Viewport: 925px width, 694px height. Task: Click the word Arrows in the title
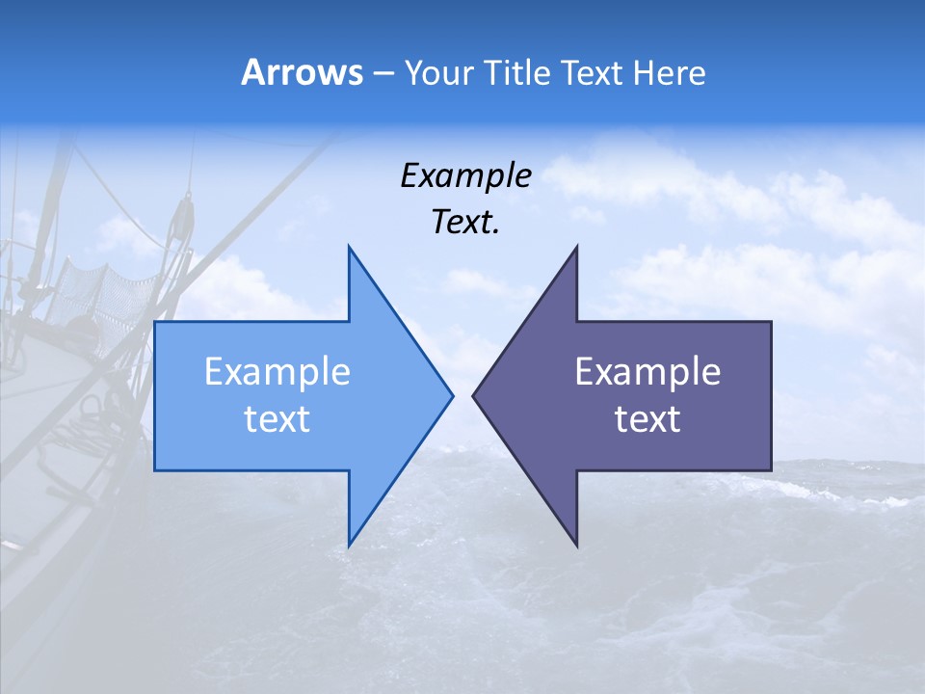pos(302,72)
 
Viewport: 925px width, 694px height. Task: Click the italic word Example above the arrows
pos(466,176)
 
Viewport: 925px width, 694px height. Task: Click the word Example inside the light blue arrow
pos(277,372)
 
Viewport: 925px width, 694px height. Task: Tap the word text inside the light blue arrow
pos(277,419)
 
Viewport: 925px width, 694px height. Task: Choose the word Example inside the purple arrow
pos(647,372)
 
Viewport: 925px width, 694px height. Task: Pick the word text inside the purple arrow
pos(647,419)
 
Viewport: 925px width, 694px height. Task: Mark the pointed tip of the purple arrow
pos(474,395)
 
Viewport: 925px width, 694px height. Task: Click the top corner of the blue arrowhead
pos(350,248)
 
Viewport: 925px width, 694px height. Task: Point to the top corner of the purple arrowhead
pos(576,248)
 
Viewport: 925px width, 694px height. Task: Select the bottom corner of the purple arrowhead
pos(576,545)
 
